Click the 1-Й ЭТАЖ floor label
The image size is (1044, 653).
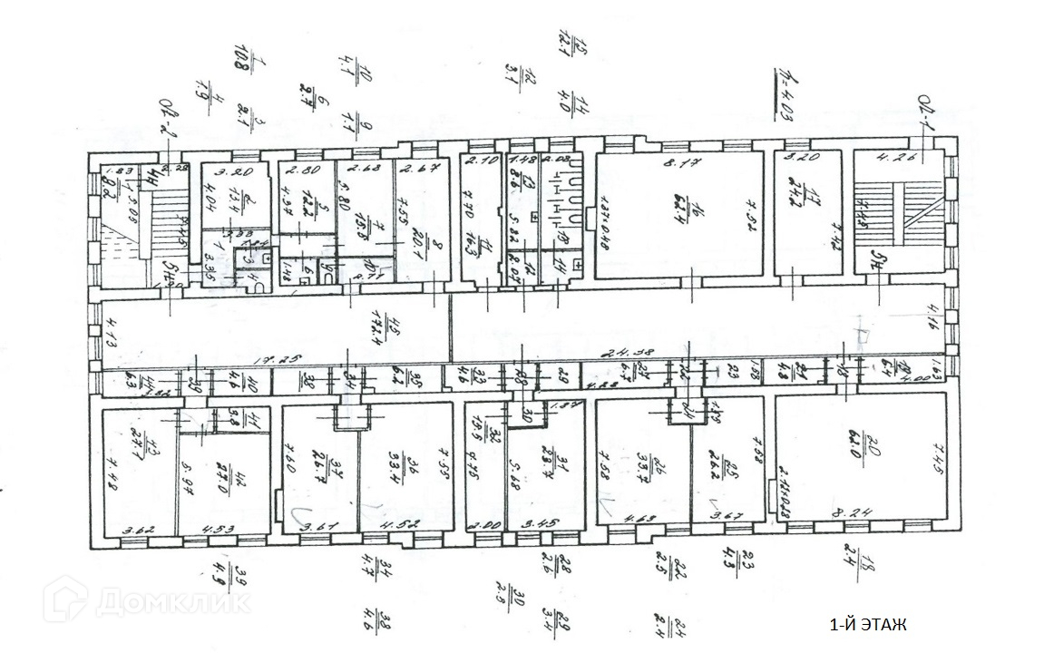[x=868, y=625]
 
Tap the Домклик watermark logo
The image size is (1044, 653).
[x=145, y=599]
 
